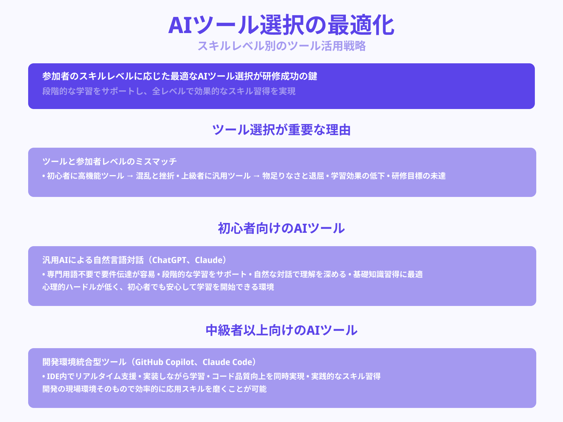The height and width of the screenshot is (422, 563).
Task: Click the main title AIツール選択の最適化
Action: pos(281,25)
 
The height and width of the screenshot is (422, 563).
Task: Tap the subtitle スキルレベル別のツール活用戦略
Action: pos(281,46)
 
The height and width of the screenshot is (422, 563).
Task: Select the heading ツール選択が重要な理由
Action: pos(281,130)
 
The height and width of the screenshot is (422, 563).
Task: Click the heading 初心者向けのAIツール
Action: pos(281,229)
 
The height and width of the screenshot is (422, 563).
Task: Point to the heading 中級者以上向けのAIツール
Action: pos(281,331)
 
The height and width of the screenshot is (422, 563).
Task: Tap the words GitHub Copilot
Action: pos(164,362)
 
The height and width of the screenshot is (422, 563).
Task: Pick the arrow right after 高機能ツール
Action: pos(130,176)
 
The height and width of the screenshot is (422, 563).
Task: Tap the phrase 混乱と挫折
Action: pos(155,176)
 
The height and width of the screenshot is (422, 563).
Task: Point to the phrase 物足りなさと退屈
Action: pos(293,176)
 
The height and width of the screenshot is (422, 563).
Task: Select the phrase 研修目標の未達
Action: pos(419,176)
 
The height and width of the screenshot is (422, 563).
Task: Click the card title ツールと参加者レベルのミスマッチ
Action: pos(109,161)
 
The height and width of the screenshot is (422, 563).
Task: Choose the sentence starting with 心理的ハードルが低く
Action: pos(158,287)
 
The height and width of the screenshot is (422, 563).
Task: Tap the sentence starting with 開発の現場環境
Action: pos(154,389)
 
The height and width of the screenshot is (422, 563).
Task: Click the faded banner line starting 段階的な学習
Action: pos(169,91)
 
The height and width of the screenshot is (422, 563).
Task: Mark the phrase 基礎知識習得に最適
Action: pos(388,274)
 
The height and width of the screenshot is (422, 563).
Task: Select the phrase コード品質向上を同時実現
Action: pos(258,377)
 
